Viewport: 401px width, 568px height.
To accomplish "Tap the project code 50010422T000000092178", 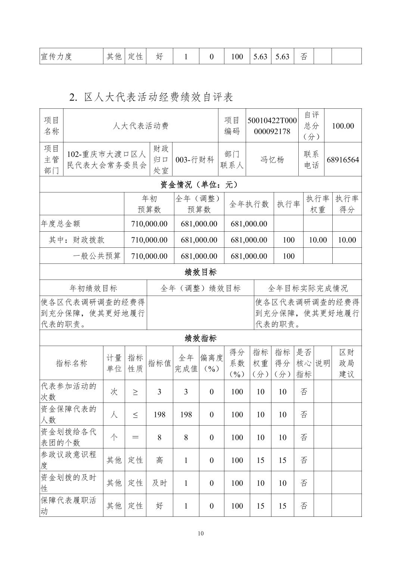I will click(272, 126).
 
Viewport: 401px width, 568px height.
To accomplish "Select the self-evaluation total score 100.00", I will click(343, 126).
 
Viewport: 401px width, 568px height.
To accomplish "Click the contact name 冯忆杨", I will click(272, 160).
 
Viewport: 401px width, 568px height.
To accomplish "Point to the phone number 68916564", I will click(343, 160).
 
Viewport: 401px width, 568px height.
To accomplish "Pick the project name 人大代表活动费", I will click(141, 126).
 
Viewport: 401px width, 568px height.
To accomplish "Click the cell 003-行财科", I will click(195, 160).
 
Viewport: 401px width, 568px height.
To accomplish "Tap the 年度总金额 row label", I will click(61, 224).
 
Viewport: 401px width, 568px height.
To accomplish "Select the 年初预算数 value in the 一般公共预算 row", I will click(149, 256).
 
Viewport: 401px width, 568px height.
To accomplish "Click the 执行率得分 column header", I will click(346, 204).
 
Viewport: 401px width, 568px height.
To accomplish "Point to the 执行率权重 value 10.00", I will click(318, 240).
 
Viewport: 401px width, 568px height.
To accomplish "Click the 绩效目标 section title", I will click(200, 272).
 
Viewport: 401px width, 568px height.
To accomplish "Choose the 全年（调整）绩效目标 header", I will click(200, 288).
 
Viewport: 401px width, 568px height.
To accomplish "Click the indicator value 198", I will click(159, 414).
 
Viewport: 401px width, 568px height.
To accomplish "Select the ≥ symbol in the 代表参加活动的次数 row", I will click(135, 392).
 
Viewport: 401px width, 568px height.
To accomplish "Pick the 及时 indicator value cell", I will click(159, 483).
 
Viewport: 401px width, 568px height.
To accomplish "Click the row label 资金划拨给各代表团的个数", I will click(69, 437).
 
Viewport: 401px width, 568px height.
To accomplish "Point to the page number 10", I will click(200, 533).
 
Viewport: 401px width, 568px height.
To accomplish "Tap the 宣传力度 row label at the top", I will click(56, 56).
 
